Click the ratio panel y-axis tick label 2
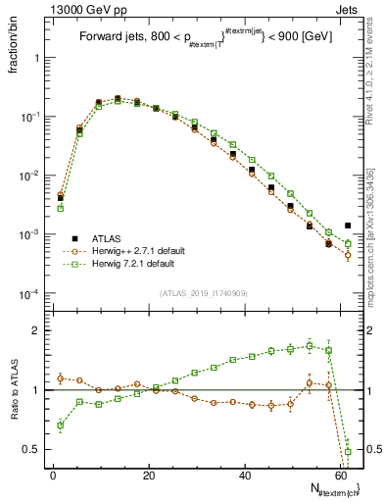coord(33,330)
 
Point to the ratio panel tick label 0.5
coord(29,449)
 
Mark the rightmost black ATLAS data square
coord(348,226)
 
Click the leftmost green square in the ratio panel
coord(61,426)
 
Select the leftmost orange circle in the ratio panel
coord(61,377)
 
